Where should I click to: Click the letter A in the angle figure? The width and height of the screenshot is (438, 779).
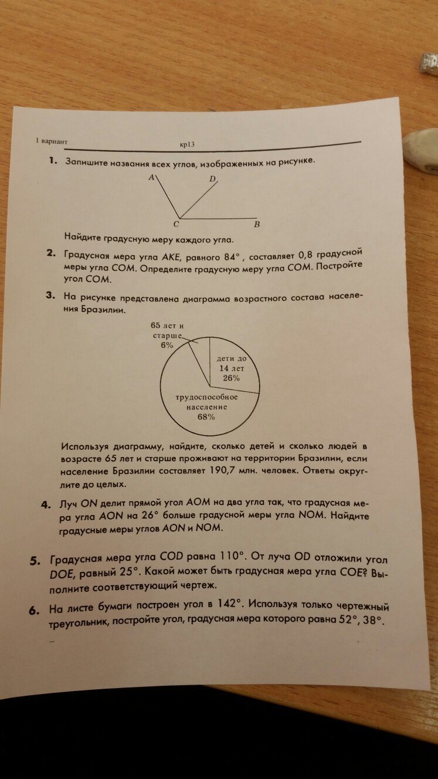(x=151, y=177)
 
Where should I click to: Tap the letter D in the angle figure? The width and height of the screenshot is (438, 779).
(x=213, y=178)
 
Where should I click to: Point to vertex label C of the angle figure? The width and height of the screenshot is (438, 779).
(x=176, y=224)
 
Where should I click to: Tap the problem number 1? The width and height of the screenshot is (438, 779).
(x=53, y=160)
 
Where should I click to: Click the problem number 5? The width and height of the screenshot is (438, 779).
(x=35, y=561)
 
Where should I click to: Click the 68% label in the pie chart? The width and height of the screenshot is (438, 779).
(x=206, y=417)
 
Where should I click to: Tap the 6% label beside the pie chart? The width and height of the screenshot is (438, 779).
(x=167, y=346)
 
